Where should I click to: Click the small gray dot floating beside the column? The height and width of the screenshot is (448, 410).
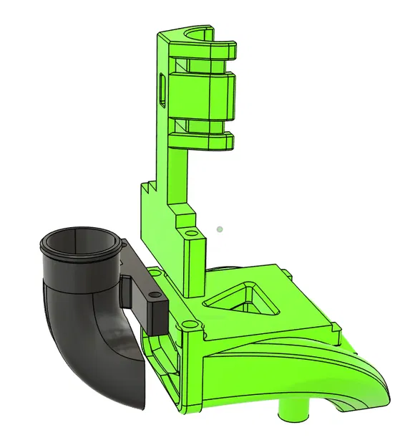click(220, 229)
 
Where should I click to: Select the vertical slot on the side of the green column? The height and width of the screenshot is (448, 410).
click(162, 90)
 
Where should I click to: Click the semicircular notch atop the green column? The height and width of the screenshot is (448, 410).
click(197, 34)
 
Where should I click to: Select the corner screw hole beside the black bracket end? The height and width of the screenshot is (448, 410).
click(187, 325)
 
